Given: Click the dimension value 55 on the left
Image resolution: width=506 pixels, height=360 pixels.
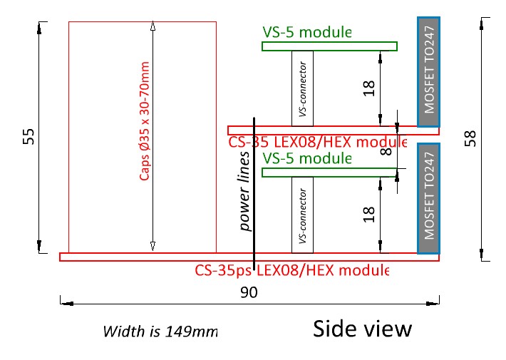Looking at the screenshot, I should tap(29, 137).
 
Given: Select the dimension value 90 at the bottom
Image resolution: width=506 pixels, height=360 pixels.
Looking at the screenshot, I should tap(249, 292).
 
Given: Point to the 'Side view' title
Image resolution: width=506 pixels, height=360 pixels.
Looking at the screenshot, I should tap(362, 329).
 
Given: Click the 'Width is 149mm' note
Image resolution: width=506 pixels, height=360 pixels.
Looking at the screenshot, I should tap(160, 331).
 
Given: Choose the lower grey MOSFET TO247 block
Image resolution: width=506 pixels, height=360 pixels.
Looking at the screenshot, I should tap(428, 198).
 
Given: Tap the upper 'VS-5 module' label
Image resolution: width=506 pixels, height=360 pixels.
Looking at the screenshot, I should tap(307, 32).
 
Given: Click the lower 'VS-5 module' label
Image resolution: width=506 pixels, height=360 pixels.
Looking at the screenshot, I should tap(307, 158).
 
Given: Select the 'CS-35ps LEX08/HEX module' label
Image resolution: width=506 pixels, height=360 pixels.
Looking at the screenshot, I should tap(292, 271).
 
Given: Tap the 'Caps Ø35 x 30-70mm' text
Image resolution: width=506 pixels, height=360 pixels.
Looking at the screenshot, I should tap(145, 119).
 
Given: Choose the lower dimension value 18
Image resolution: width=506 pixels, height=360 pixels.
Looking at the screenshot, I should tap(368, 213).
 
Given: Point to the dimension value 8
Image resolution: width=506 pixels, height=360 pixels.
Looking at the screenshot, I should tap(386, 150).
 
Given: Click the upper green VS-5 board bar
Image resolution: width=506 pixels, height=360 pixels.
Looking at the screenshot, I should tap(329, 46).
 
